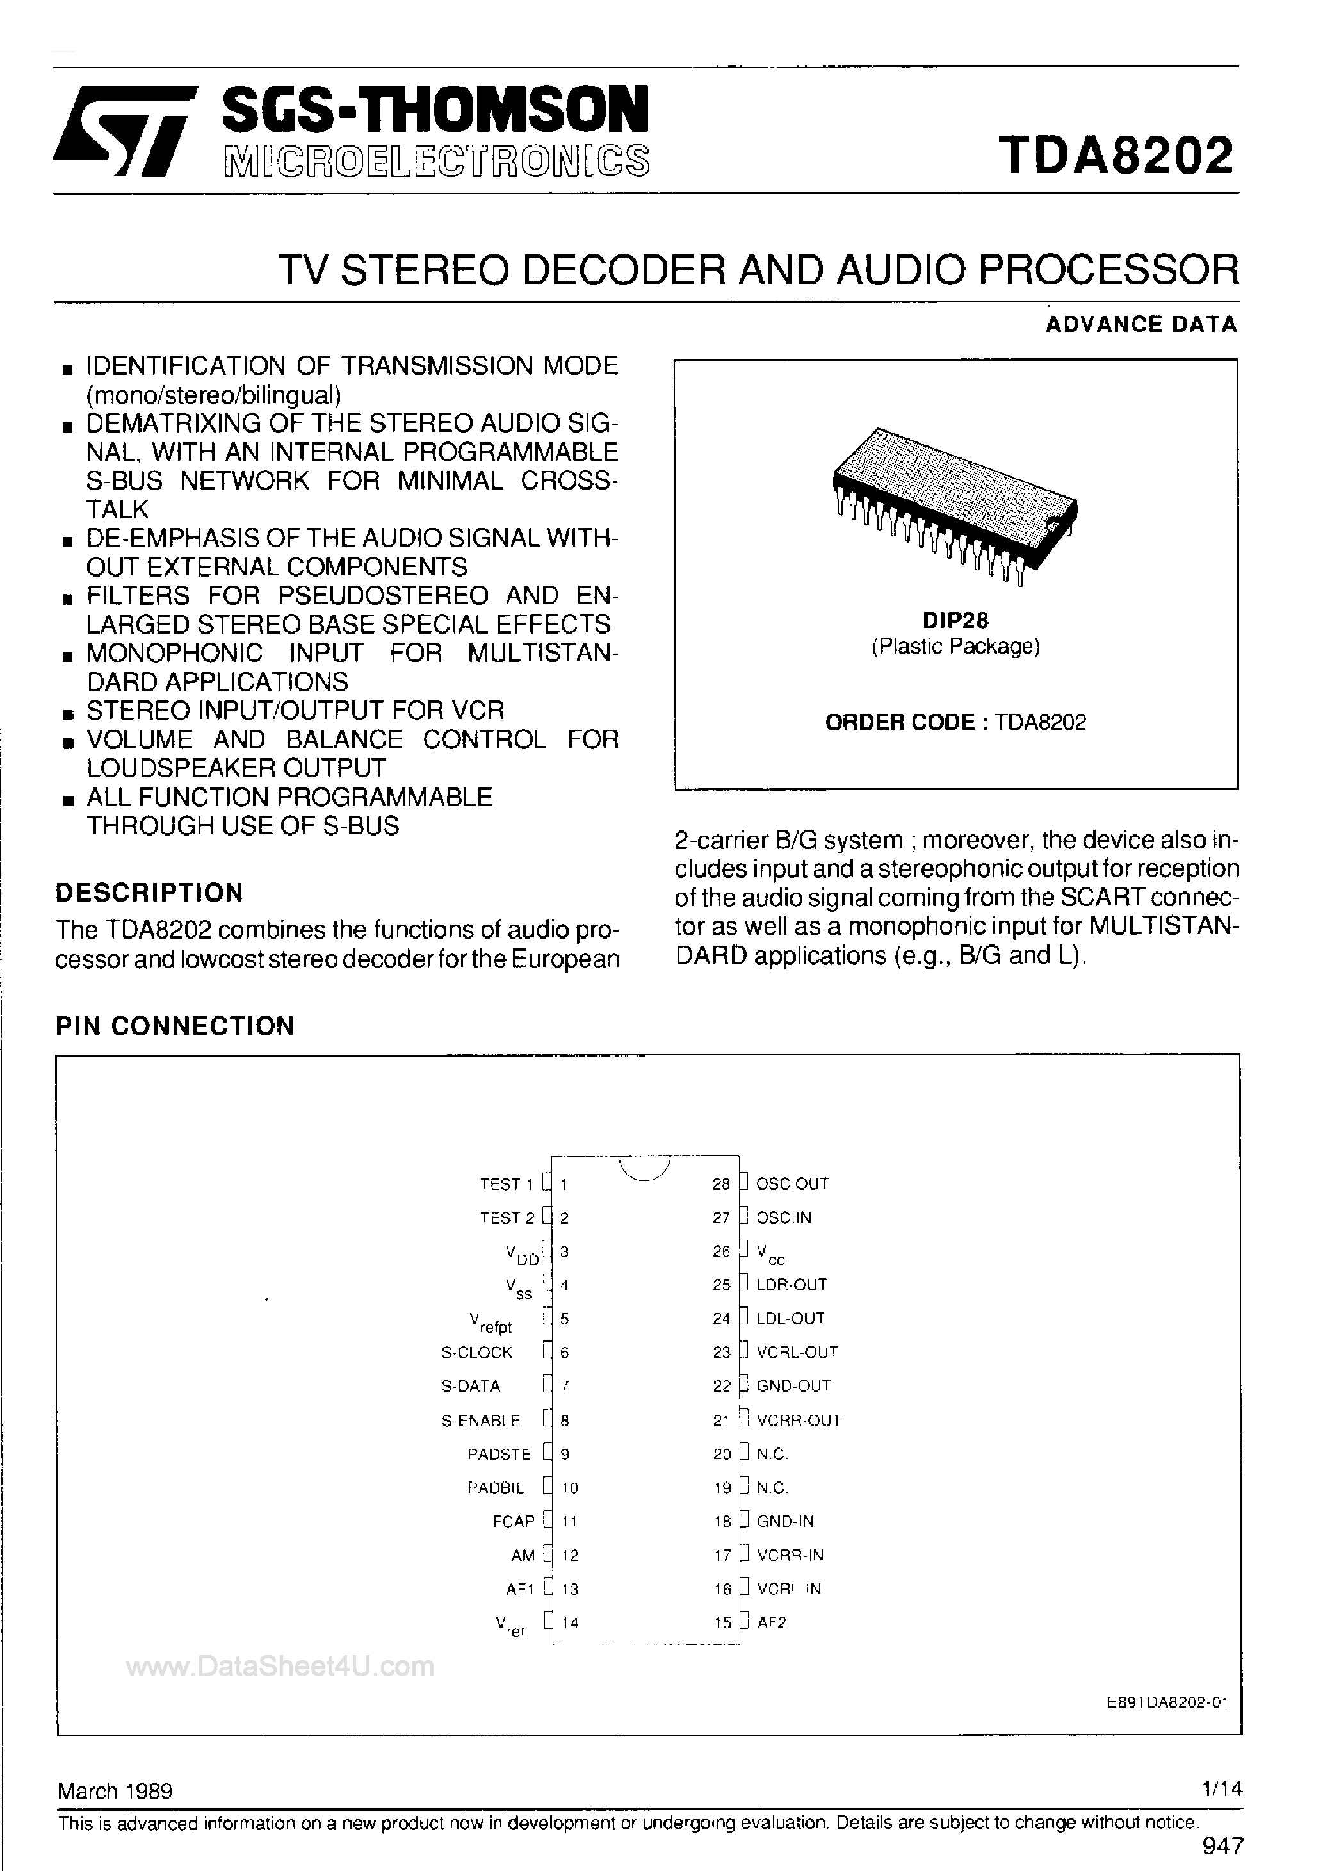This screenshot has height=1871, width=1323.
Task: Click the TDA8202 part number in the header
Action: click(x=1116, y=156)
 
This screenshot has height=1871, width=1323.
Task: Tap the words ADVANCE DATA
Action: click(x=1140, y=324)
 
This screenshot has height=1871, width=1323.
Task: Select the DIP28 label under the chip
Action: click(x=955, y=620)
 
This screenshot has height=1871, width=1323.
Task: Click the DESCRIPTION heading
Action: click(x=149, y=893)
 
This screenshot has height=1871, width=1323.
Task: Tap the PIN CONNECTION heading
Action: click(x=174, y=1025)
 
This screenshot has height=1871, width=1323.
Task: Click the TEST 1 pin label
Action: click(x=505, y=1184)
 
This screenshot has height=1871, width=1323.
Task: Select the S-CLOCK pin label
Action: click(x=476, y=1352)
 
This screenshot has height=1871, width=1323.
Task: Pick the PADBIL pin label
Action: click(x=495, y=1487)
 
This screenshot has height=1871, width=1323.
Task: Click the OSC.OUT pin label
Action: click(x=792, y=1183)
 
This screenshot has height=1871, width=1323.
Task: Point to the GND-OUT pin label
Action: click(x=793, y=1385)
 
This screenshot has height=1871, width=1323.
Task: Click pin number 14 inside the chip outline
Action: click(x=571, y=1622)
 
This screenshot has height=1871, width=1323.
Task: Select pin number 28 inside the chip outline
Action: click(x=721, y=1184)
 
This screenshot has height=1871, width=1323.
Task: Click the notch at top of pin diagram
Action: click(x=644, y=1167)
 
